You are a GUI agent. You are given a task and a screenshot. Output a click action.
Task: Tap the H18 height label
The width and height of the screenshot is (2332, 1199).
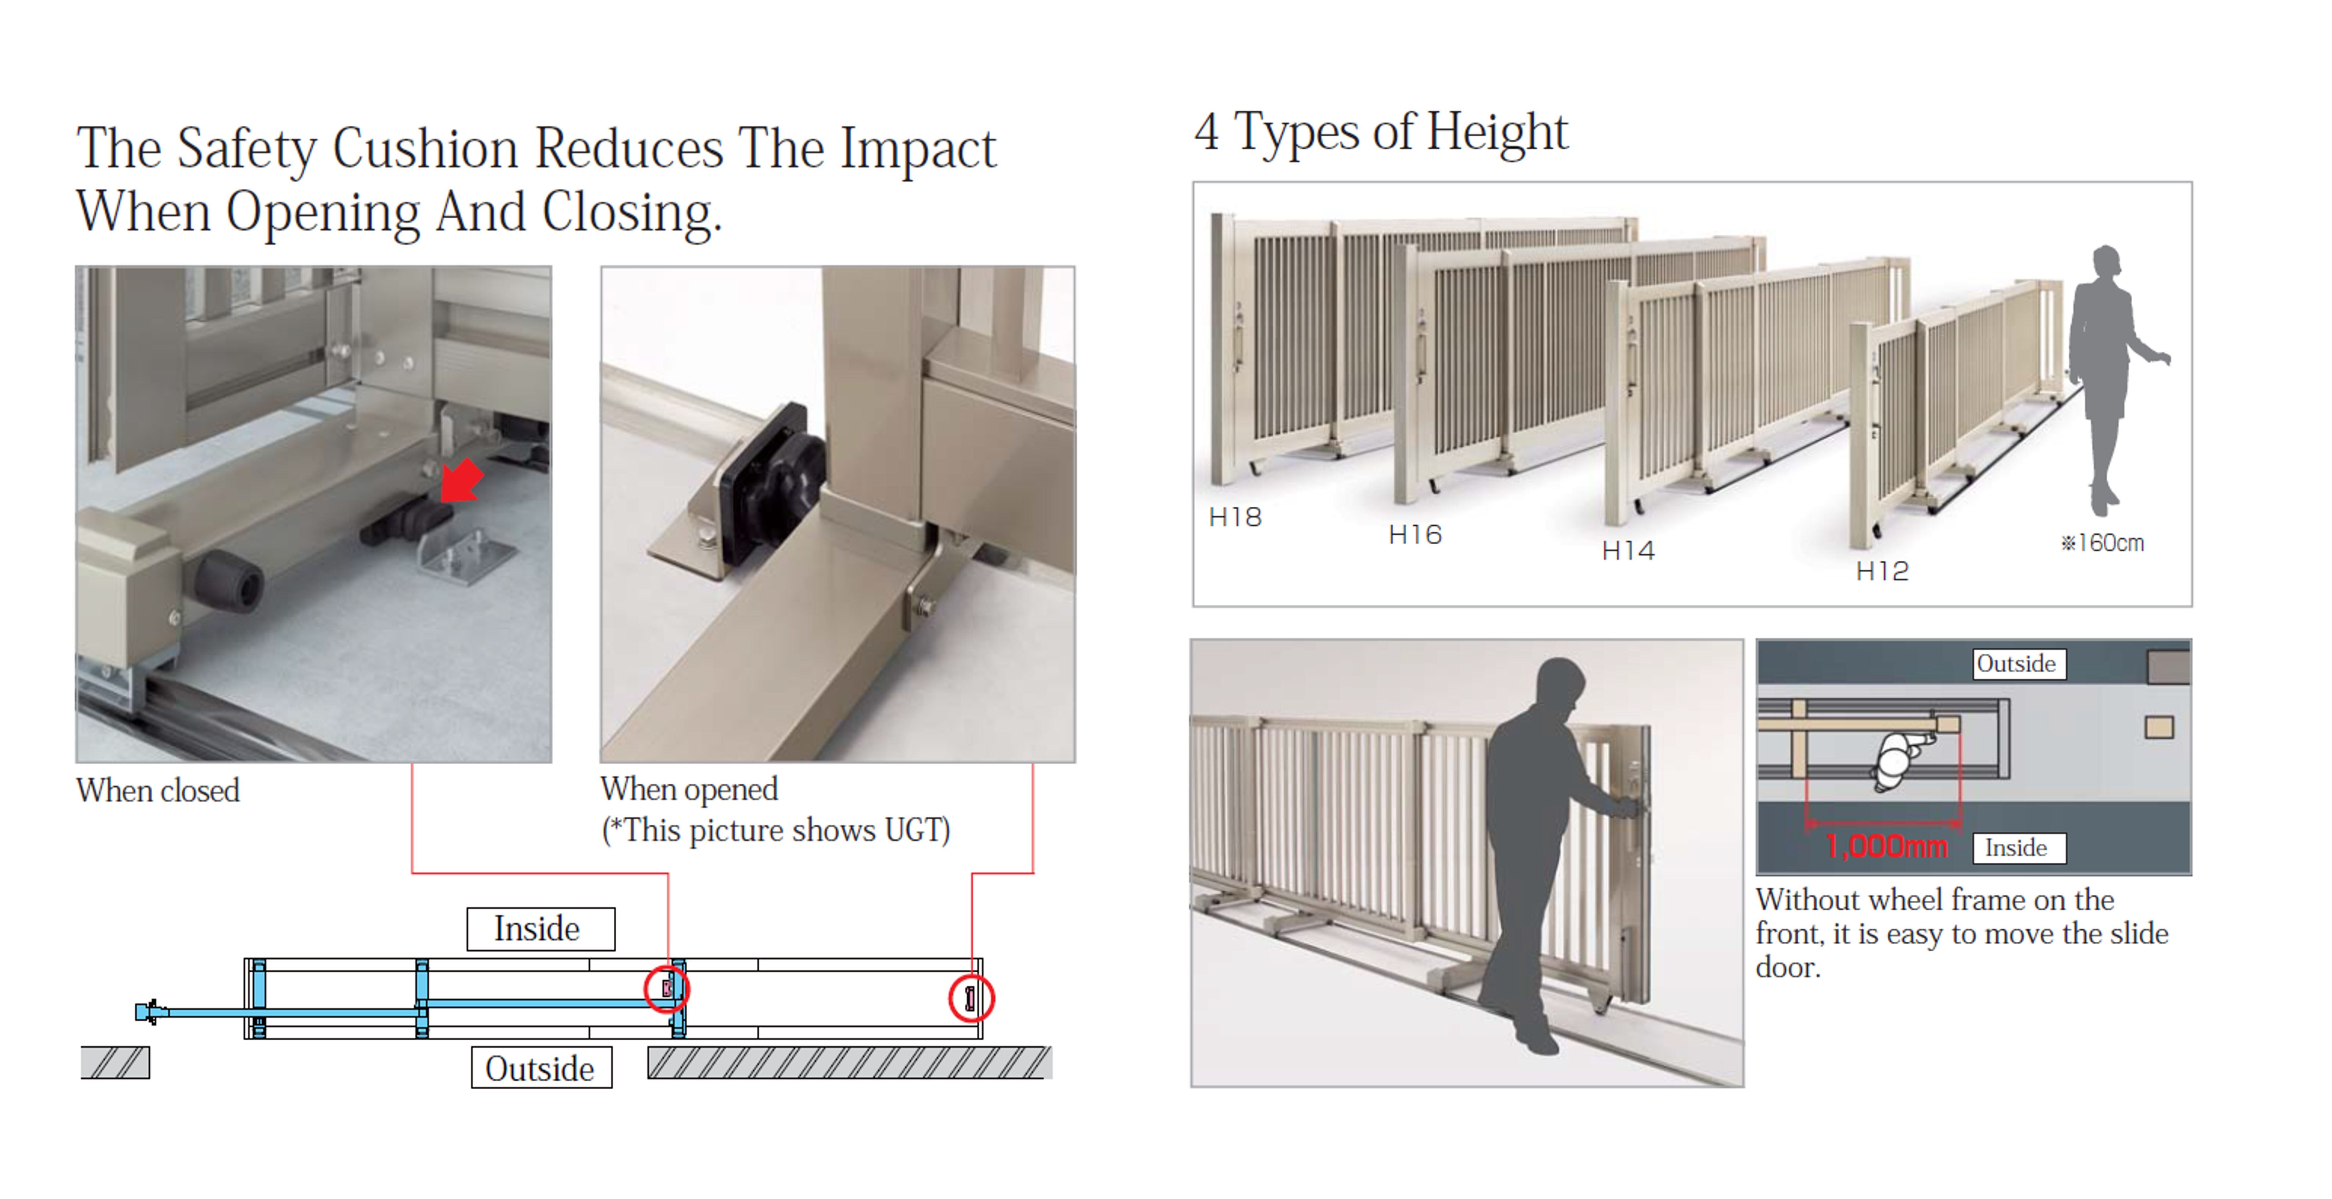point(1235,517)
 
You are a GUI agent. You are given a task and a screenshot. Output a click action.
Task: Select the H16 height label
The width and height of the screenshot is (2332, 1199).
point(1415,535)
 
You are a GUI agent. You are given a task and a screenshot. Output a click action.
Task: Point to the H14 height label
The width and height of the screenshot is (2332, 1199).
point(1628,550)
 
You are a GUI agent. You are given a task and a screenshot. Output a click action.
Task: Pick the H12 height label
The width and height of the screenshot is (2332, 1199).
point(1882,571)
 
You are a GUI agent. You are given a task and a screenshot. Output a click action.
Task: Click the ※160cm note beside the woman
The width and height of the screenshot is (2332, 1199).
point(2102,543)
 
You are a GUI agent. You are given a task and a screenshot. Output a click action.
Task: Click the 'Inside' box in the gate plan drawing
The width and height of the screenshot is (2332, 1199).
point(540,928)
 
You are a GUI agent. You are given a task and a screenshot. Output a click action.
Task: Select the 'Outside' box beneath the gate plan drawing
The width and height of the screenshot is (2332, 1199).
point(541,1068)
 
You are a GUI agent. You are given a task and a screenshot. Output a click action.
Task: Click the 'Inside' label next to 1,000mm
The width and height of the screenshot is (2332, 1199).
point(2019,848)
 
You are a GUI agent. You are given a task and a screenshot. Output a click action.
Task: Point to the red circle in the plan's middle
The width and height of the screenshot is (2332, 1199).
point(667,988)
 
